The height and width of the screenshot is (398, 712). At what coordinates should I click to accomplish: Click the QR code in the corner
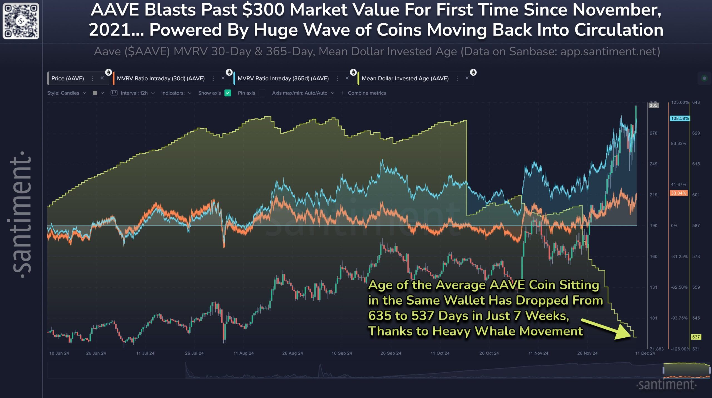click(x=21, y=21)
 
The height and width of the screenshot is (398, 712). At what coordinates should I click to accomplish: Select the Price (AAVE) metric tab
click(x=68, y=78)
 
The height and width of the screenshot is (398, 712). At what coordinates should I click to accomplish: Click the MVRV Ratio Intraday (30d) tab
click(x=160, y=78)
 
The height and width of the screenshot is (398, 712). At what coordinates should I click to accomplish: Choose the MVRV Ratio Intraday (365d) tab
click(x=283, y=78)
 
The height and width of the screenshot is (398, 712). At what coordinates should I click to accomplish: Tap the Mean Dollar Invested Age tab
click(x=405, y=78)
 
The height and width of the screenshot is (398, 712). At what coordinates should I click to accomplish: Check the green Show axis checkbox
click(x=228, y=93)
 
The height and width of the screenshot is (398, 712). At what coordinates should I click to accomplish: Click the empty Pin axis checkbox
click(x=262, y=93)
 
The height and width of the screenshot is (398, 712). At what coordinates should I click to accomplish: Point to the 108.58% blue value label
click(x=679, y=118)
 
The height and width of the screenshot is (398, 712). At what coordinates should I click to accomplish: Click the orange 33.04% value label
click(x=678, y=193)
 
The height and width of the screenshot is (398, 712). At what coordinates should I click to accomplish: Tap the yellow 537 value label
click(x=696, y=337)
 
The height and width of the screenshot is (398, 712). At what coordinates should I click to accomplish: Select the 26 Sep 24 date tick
click(x=391, y=353)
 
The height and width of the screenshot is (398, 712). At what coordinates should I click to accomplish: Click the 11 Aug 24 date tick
click(x=243, y=353)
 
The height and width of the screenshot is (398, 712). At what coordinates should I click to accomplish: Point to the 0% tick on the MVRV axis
click(x=674, y=226)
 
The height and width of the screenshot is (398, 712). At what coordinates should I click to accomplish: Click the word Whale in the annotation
click(x=495, y=331)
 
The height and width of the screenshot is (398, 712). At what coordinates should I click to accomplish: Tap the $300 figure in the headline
click(x=263, y=10)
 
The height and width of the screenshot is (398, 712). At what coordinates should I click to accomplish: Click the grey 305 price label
click(x=653, y=105)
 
